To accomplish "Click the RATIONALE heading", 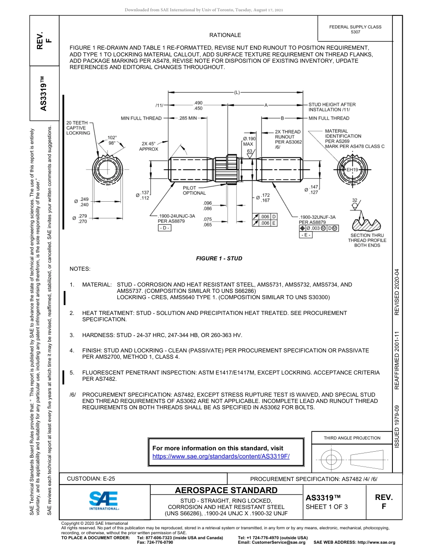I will [x=225, y=35].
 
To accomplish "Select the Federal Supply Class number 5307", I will [x=355, y=32].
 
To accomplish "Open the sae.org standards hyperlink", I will [x=221, y=456].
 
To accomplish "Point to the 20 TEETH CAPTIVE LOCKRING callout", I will [x=78, y=128].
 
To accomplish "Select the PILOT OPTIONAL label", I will [x=194, y=190].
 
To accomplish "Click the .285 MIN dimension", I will [x=188, y=118].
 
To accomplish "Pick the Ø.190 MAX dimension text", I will [x=249, y=141].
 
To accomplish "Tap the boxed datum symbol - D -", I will [x=164, y=228].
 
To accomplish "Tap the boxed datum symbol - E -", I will [x=306, y=235].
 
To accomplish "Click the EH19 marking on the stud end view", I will [x=352, y=170].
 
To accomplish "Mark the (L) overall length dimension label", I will [x=237, y=92].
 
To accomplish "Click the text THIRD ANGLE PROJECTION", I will [x=352, y=438].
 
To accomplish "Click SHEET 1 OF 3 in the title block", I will [x=326, y=506].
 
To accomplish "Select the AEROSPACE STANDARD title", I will [x=226, y=490].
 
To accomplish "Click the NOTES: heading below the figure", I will [x=80, y=269].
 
